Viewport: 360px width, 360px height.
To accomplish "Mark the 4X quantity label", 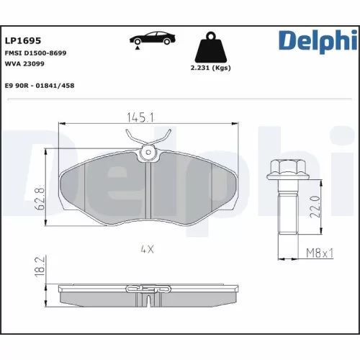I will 148,250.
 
